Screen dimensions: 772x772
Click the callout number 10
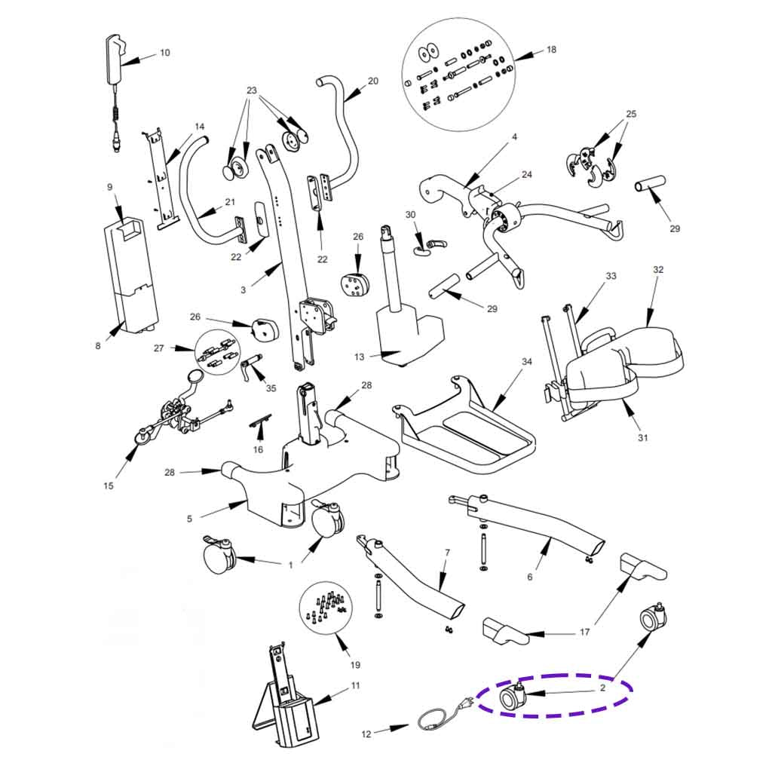(x=165, y=53)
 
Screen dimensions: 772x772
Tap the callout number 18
(x=551, y=50)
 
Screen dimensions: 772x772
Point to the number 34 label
(x=527, y=362)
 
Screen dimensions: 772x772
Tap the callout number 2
(x=602, y=688)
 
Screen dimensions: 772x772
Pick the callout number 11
(x=355, y=685)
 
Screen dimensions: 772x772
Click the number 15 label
(x=109, y=486)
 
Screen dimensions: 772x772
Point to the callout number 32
(x=658, y=269)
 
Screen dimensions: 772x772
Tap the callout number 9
(x=110, y=186)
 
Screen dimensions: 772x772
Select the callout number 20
(x=372, y=81)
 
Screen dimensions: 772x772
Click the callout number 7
(x=447, y=553)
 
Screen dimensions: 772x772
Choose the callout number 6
(x=529, y=577)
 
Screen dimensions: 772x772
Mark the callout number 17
(x=584, y=633)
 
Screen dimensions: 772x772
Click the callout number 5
(x=190, y=518)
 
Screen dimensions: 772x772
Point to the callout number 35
(x=271, y=388)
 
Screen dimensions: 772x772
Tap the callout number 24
(x=527, y=175)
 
